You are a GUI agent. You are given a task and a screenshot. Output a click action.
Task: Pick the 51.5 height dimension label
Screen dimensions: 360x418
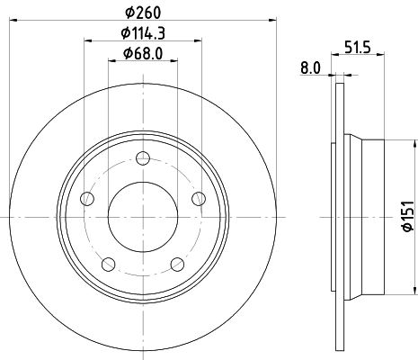pyautogui.click(x=357, y=47)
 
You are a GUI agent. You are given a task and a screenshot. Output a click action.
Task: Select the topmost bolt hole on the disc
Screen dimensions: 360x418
pyautogui.click(x=142, y=160)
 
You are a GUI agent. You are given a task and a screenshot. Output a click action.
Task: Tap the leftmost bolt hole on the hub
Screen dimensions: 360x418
pyautogui.click(x=86, y=199)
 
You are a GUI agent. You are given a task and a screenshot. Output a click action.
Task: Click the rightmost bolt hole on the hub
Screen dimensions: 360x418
pyautogui.click(x=198, y=199)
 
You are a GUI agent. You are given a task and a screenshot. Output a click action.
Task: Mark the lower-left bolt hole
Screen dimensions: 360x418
pyautogui.click(x=108, y=264)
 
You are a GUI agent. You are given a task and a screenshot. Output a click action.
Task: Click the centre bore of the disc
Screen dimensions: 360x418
pyautogui.click(x=142, y=217)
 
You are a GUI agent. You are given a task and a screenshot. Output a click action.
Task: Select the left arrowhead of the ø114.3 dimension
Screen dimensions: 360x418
pyautogui.click(x=88, y=40)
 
